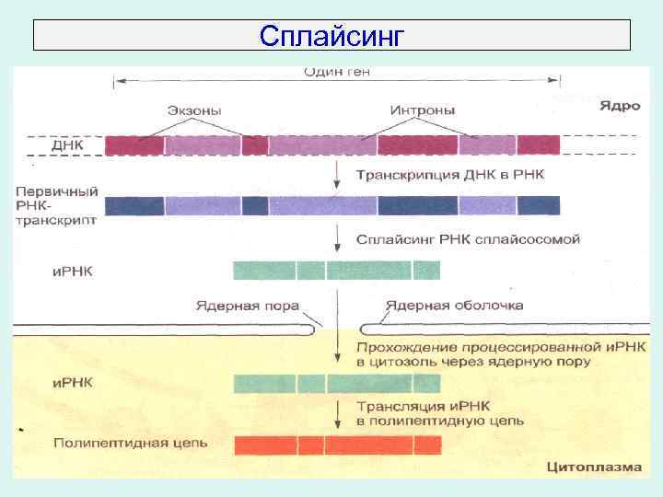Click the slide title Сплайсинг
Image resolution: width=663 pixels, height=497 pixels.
(x=331, y=35)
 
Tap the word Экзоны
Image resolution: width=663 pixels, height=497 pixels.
(x=193, y=110)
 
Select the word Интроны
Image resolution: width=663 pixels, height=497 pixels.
(x=423, y=110)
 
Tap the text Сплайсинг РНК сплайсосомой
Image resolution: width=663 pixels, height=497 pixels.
(x=469, y=239)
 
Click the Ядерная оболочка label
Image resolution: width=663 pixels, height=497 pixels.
(x=455, y=306)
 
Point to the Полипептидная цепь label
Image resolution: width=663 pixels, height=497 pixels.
(x=130, y=443)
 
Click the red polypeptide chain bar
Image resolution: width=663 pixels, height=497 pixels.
(x=337, y=445)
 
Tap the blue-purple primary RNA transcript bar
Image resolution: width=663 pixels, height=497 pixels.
(x=332, y=205)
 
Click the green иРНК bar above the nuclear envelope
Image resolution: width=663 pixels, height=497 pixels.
(x=337, y=270)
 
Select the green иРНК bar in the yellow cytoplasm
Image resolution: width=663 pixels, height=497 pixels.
(x=337, y=383)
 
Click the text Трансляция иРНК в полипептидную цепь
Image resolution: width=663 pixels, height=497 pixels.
(x=440, y=413)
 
